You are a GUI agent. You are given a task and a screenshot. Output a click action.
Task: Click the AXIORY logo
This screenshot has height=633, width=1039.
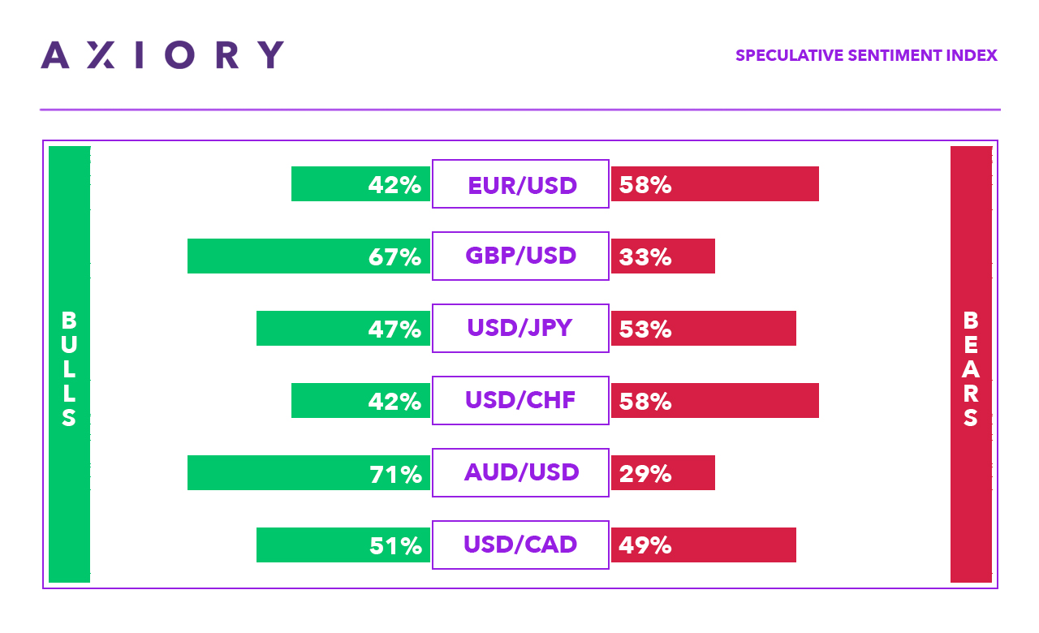[x=162, y=54]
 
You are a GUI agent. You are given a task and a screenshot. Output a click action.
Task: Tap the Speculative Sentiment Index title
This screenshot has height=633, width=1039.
[x=866, y=56]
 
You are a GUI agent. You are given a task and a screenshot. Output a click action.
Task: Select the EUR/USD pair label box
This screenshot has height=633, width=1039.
[x=520, y=184]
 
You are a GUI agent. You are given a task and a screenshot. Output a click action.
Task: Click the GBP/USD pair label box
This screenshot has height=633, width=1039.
[x=520, y=256]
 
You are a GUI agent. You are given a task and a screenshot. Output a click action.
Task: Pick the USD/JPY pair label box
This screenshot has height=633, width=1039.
[x=520, y=328]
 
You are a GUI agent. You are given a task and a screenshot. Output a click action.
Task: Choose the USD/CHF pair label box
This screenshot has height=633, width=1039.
[x=520, y=400]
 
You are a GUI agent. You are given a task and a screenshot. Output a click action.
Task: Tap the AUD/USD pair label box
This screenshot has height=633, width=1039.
[x=520, y=472]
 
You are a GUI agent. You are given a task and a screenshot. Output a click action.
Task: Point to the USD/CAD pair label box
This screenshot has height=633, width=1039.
[x=520, y=545]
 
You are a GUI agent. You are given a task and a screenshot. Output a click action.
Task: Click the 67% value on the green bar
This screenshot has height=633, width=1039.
[x=394, y=257]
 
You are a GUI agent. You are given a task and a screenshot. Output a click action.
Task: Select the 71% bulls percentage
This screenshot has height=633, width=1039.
[x=394, y=474]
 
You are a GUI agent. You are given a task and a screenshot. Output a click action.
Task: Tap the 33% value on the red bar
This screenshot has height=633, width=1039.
[x=645, y=257]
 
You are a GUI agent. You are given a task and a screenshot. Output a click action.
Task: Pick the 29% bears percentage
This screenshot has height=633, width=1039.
[x=645, y=474]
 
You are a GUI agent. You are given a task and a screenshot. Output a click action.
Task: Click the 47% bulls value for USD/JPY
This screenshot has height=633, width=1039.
[x=394, y=329]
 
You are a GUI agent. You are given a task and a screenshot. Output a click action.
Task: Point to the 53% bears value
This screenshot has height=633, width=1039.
[x=645, y=329]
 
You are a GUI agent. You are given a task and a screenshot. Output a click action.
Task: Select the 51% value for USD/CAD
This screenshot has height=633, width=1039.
[x=394, y=546]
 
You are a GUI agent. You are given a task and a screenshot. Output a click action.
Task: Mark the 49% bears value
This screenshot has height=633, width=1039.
[x=645, y=546]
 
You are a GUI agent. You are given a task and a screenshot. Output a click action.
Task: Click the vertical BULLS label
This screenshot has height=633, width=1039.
[x=69, y=369]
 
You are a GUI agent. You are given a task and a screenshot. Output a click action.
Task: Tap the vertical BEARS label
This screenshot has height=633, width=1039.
[x=971, y=369]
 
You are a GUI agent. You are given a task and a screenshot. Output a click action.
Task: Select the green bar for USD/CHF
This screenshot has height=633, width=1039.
[x=325, y=401]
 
